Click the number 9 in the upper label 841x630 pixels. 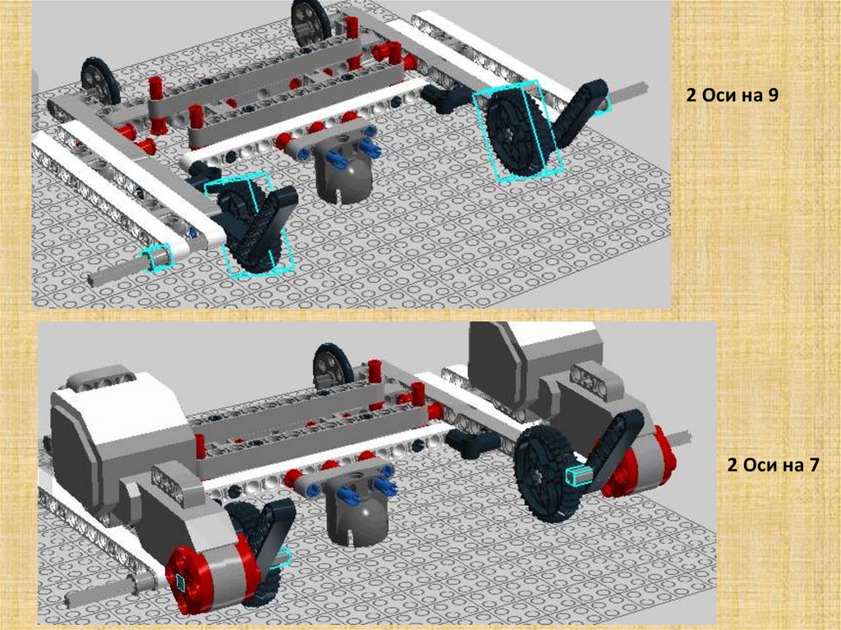(x=772, y=95)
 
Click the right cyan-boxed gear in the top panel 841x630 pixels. (x=517, y=132)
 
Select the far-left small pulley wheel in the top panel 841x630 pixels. (x=100, y=80)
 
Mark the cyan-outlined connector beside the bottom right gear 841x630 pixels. (x=579, y=475)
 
